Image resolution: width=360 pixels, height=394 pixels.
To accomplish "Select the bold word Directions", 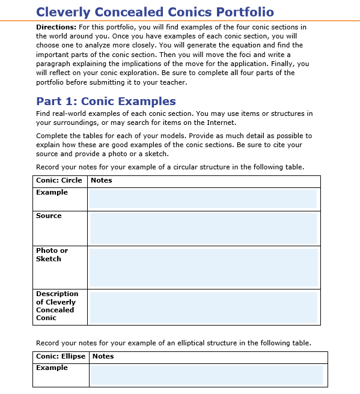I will [56, 28].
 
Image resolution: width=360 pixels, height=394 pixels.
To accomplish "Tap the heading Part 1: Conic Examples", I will [106, 101].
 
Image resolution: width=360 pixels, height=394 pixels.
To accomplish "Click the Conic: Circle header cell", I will [59, 180].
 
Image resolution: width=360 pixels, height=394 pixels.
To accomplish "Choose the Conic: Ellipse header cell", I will [61, 356].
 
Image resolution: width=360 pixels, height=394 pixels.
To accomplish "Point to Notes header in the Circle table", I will [101, 180].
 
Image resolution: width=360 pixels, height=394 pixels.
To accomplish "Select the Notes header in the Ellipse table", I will [103, 356].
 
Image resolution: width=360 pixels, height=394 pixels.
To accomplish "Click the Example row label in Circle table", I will [52, 192].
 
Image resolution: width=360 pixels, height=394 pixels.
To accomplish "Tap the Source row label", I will [49, 216].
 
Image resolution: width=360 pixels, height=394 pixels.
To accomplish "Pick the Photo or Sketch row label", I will [52, 255].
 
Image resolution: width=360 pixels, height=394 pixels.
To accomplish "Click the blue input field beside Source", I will [203, 228].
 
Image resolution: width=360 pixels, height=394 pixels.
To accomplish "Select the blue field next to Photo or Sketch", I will [203, 267].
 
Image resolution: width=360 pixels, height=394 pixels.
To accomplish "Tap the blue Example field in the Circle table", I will [203, 198].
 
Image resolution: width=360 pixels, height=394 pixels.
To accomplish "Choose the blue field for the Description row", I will [203, 307].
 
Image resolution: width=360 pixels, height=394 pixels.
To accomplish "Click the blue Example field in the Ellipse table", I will [206, 375].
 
